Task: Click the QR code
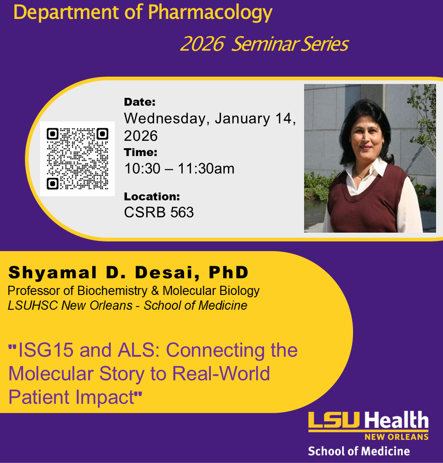click(x=78, y=159)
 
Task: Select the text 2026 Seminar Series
click(x=264, y=44)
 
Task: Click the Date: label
click(x=140, y=102)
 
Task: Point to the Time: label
click(x=141, y=152)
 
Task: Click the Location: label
click(x=152, y=197)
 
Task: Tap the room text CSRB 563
click(x=159, y=212)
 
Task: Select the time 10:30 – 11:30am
click(x=179, y=168)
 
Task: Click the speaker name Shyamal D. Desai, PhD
click(x=128, y=273)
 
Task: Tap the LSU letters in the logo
click(x=335, y=421)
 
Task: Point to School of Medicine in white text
click(x=359, y=451)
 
